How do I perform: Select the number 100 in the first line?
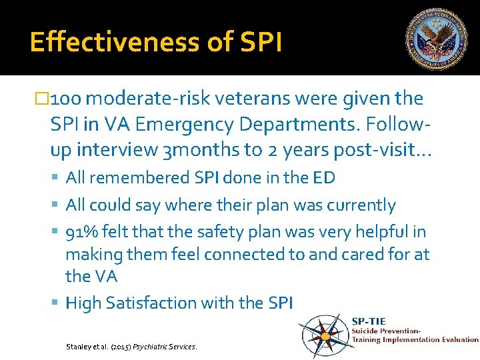[67, 99]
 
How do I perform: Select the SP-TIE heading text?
[369, 321]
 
